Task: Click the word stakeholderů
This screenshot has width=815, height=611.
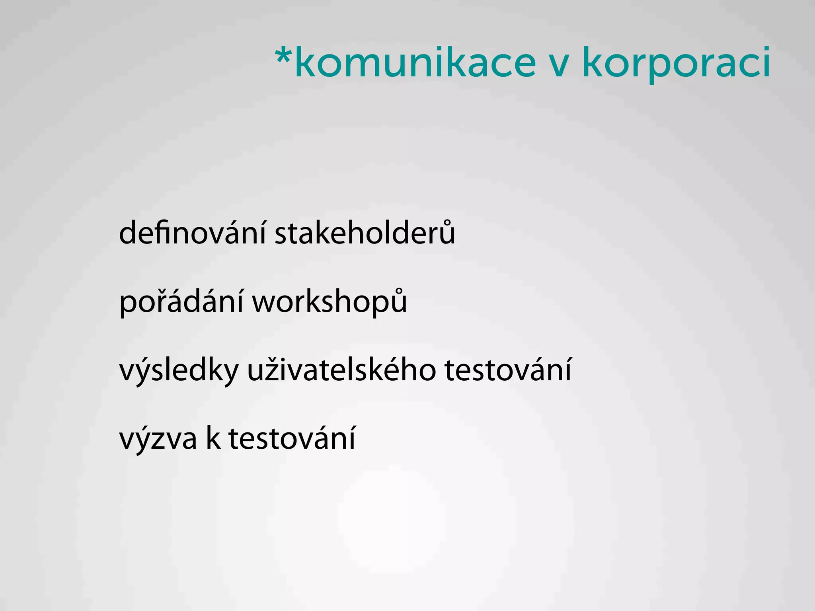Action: click(x=365, y=233)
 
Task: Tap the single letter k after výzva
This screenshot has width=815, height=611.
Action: click(x=213, y=438)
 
